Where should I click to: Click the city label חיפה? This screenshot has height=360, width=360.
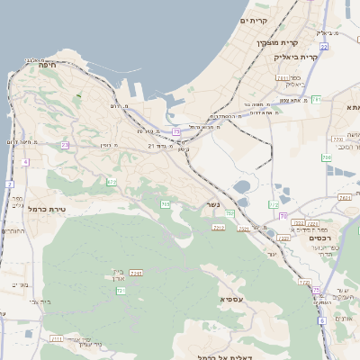coord(43,64)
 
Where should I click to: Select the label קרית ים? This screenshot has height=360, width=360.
coord(255,20)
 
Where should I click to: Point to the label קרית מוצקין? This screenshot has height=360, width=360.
coord(277,42)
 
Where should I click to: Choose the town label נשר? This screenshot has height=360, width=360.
coord(212,204)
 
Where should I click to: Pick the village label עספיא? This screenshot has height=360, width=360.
coord(231,297)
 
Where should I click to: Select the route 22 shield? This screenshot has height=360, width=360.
coord(323,45)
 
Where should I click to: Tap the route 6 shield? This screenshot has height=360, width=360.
coord(322,320)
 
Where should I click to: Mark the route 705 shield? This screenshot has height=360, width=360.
coord(166,205)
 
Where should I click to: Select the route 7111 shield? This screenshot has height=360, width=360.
coord(58,338)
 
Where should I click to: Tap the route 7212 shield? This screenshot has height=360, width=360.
coord(219,229)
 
